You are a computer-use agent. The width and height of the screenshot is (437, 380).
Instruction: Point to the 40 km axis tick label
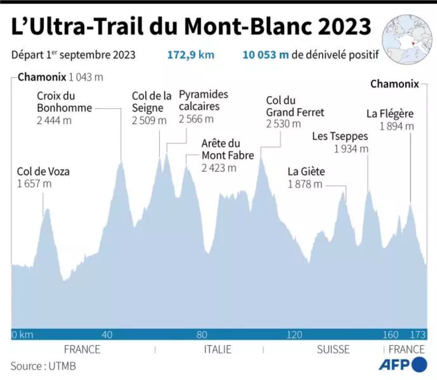point(108,335)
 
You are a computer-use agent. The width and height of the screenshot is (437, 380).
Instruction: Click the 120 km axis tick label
point(294,335)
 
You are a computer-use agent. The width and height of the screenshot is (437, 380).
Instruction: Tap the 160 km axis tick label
point(391,335)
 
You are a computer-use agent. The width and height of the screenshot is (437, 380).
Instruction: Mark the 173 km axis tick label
point(417,335)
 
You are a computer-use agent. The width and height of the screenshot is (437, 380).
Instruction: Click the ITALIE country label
point(218,350)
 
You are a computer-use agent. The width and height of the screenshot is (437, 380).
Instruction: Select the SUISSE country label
point(333,350)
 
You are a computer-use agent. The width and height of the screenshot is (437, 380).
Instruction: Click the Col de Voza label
point(43,172)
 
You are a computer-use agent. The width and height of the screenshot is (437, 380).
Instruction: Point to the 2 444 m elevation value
point(54,120)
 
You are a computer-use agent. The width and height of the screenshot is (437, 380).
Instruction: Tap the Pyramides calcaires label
point(203,100)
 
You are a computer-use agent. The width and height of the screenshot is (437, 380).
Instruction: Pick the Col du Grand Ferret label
point(295,107)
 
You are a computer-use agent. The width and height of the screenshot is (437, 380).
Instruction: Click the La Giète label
point(306,172)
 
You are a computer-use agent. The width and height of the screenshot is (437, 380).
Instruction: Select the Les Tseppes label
point(340,136)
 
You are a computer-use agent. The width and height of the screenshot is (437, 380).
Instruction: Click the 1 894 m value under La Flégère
point(396,127)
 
